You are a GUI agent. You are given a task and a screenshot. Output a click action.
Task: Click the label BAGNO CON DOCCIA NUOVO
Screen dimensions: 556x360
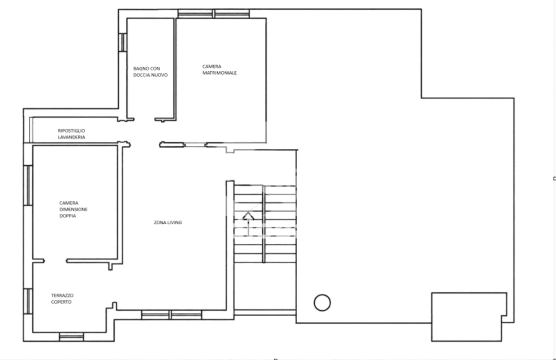150,71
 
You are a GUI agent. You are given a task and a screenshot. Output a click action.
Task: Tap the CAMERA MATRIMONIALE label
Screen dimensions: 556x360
219,69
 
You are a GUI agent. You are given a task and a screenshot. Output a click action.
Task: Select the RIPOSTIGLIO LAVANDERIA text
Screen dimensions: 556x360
71,134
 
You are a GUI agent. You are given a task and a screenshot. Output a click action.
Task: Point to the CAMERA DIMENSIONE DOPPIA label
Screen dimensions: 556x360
73,209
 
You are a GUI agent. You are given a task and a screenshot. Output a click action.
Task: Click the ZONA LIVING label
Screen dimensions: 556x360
168,222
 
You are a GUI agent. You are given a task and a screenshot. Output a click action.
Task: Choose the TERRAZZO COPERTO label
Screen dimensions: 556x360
62,298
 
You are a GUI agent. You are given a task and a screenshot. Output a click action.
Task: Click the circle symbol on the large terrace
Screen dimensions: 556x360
322,303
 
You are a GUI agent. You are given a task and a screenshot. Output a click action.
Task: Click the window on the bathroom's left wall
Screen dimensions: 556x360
122,42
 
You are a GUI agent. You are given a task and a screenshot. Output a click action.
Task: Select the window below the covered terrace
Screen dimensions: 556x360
71,336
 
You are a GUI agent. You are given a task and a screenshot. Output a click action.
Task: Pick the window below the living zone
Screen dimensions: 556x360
172,315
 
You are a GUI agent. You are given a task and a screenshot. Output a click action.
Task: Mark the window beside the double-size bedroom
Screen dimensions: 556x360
28,185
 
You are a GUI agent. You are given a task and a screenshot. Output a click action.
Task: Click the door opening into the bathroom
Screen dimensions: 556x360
144,119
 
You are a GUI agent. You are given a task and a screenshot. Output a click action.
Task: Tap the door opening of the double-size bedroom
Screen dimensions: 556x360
55,261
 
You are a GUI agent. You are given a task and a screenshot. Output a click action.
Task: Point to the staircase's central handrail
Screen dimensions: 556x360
264,224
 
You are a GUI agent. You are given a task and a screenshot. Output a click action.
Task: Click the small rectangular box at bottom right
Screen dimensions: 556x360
469,317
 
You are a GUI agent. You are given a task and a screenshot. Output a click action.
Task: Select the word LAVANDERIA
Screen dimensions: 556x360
71,137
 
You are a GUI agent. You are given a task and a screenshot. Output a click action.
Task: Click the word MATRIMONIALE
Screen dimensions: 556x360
219,73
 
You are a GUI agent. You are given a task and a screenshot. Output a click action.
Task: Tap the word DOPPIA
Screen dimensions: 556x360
67,216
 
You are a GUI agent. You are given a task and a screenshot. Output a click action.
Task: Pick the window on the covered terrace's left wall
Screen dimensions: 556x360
28,301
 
